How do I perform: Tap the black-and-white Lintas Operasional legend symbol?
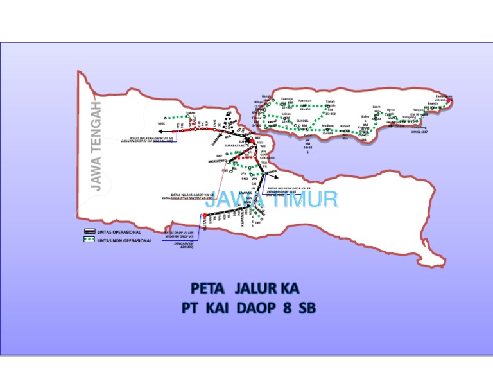[x=89, y=231]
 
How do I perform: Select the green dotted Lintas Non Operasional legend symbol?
[x=89, y=240]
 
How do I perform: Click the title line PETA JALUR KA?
[x=245, y=286]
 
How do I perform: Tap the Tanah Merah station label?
[x=331, y=103]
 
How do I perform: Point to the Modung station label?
[x=327, y=125]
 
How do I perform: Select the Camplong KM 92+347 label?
[x=419, y=129]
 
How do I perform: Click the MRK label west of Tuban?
[x=161, y=123]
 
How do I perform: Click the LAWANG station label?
[x=244, y=193]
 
